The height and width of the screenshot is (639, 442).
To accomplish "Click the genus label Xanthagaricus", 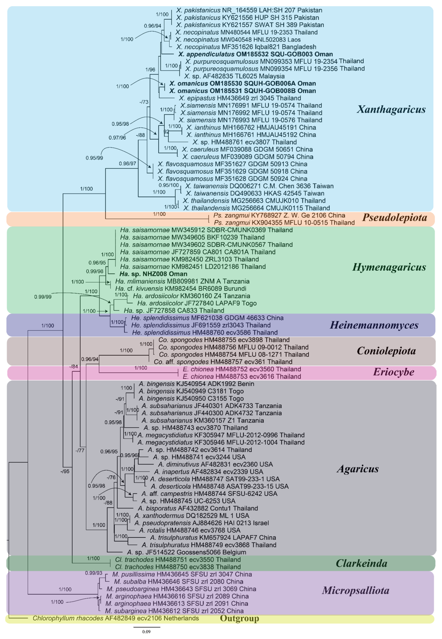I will coord(391,109).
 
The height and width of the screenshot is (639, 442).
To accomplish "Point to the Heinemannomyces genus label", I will coord(374,325).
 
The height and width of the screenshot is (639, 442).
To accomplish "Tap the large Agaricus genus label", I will coord(357,469).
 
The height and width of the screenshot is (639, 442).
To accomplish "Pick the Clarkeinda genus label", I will coord(361,563).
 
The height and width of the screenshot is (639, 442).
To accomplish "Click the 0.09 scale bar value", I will coord(146,632).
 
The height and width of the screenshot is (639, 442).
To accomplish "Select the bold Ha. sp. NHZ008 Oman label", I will coord(153,274).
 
